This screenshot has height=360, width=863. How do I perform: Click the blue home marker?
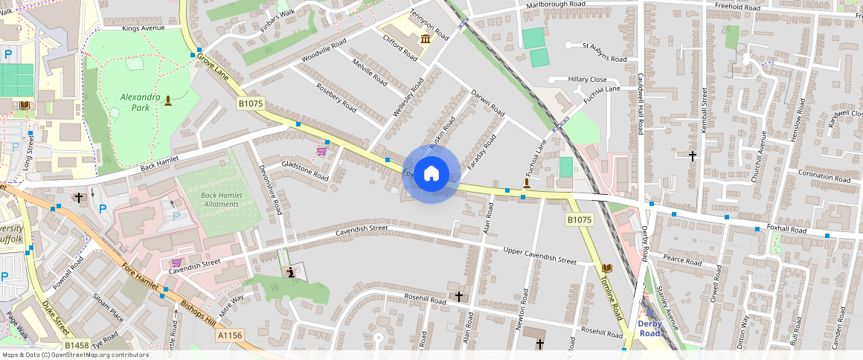pyautogui.click(x=431, y=175)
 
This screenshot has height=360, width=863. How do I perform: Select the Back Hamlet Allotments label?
pyautogui.click(x=219, y=199)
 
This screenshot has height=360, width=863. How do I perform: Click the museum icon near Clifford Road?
pyautogui.click(x=425, y=39)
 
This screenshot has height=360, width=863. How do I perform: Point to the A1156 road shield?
pyautogui.click(x=231, y=336)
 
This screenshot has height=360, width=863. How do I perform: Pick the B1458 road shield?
pyautogui.click(x=76, y=346)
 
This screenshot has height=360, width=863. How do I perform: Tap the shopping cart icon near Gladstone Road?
pyautogui.click(x=321, y=151)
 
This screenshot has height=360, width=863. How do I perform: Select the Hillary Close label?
pyautogui.click(x=587, y=80)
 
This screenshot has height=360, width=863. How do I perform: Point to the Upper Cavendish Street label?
pyautogui.click(x=539, y=255)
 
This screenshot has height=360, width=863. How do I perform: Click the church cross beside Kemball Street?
pyautogui.click(x=693, y=156)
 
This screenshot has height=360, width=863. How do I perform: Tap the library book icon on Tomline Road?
pyautogui.click(x=607, y=268)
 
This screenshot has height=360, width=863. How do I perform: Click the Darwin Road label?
pyautogui.click(x=488, y=103)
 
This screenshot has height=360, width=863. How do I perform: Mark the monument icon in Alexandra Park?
pyautogui.click(x=167, y=100)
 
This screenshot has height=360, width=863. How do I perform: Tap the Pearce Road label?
pyautogui.click(x=683, y=261)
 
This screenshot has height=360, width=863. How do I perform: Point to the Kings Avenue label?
pyautogui.click(x=143, y=28)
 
